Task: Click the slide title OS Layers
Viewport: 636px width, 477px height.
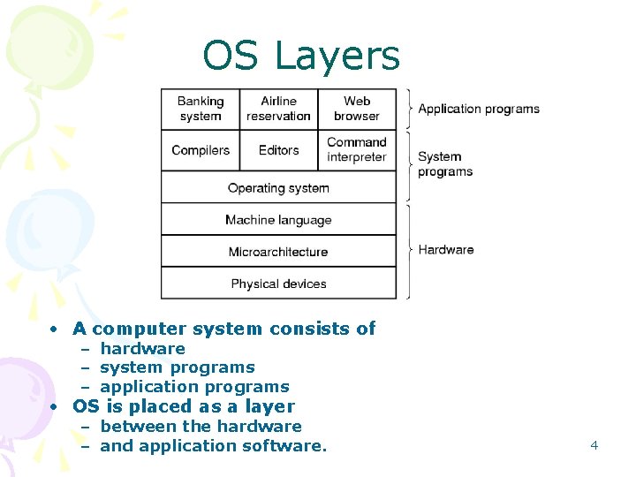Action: click(300, 56)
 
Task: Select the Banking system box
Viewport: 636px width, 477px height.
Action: click(201, 109)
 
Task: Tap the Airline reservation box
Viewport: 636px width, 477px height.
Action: click(279, 109)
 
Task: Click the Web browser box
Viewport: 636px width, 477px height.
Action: click(357, 109)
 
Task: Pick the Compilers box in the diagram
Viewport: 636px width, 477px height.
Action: click(201, 150)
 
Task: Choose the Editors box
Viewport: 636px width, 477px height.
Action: click(279, 150)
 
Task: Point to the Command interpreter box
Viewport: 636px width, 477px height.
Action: click(357, 150)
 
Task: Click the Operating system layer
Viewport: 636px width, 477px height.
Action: click(278, 188)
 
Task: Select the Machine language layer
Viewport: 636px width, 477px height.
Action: click(278, 220)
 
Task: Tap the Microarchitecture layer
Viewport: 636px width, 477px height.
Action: click(278, 252)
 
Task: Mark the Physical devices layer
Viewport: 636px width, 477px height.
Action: click(278, 284)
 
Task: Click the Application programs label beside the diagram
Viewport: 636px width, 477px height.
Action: click(479, 109)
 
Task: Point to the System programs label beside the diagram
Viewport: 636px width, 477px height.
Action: click(444, 164)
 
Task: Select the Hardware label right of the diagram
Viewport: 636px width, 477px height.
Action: click(446, 250)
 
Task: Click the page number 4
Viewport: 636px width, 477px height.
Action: click(594, 445)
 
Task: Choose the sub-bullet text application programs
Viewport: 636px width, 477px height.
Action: click(194, 387)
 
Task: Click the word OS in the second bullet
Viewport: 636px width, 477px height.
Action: click(86, 406)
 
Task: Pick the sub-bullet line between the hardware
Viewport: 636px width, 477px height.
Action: click(201, 427)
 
